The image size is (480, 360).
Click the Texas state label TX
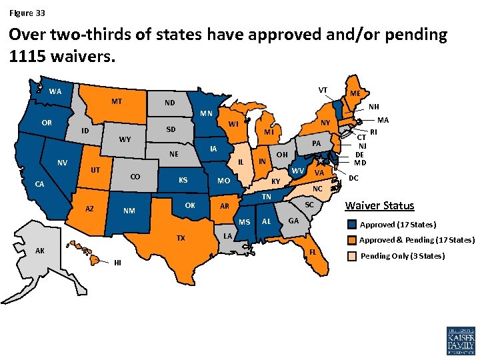pos(181,238)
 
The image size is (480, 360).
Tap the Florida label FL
pos(313,252)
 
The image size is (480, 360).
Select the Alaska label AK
pos(40,251)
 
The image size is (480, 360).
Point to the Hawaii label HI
pos(117,261)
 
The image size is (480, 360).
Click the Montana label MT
pos(117,102)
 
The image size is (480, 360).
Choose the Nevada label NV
pos(62,163)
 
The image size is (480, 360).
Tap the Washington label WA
pos(55,91)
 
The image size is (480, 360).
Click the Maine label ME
pos(355,94)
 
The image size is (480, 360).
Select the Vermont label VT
pos(323,90)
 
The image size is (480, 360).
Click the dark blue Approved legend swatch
pos(351,224)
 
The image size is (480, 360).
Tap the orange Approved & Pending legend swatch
pos(351,240)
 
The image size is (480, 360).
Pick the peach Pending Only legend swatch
pos(351,256)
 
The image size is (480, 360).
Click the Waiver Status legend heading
pos(379,206)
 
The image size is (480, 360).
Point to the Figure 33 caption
pos(27,13)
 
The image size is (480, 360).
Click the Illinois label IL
pos(240,162)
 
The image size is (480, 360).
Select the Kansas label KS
pos(182,180)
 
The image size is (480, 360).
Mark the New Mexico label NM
pos(129,212)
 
